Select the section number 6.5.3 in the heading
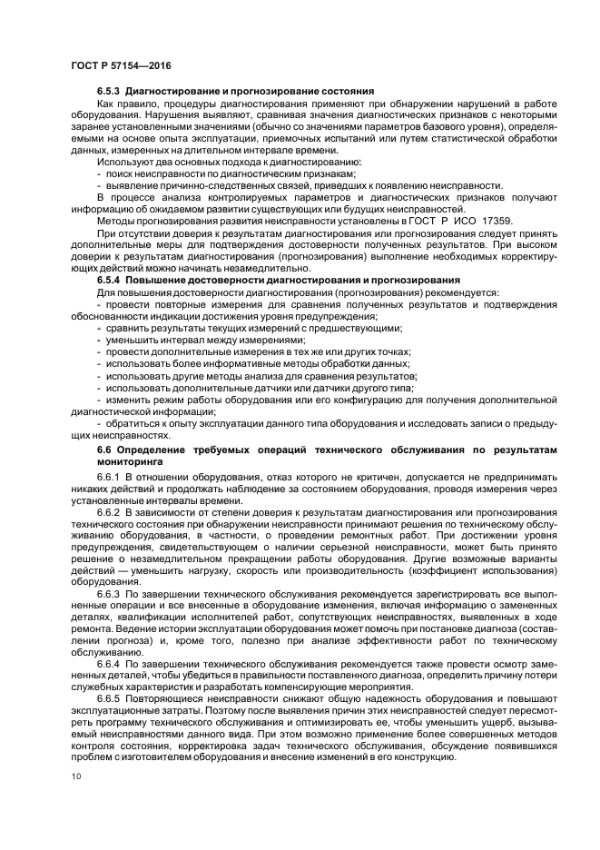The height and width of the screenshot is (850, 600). [109, 93]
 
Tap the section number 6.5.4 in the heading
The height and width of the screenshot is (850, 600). [109, 280]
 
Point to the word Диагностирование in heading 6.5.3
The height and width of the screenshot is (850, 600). [172, 93]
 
